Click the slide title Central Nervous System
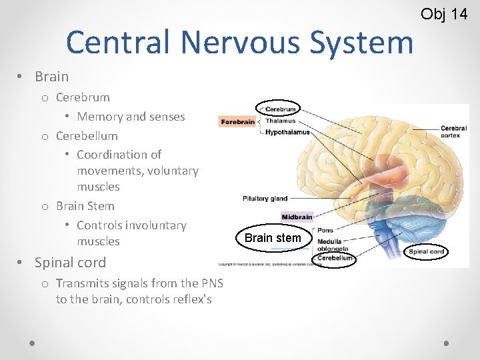click(239, 42)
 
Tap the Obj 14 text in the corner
click(444, 13)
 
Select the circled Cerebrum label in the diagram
click(279, 109)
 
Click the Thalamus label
click(279, 121)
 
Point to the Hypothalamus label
click(287, 132)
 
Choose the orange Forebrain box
click(237, 121)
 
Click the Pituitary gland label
click(265, 198)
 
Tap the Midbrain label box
click(297, 217)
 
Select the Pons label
click(325, 230)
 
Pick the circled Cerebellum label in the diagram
click(334, 258)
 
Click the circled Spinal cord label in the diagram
click(427, 251)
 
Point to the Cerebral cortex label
click(454, 131)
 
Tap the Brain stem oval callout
click(273, 238)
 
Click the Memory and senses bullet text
click(131, 117)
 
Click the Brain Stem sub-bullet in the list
click(85, 206)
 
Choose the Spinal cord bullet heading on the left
click(70, 262)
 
